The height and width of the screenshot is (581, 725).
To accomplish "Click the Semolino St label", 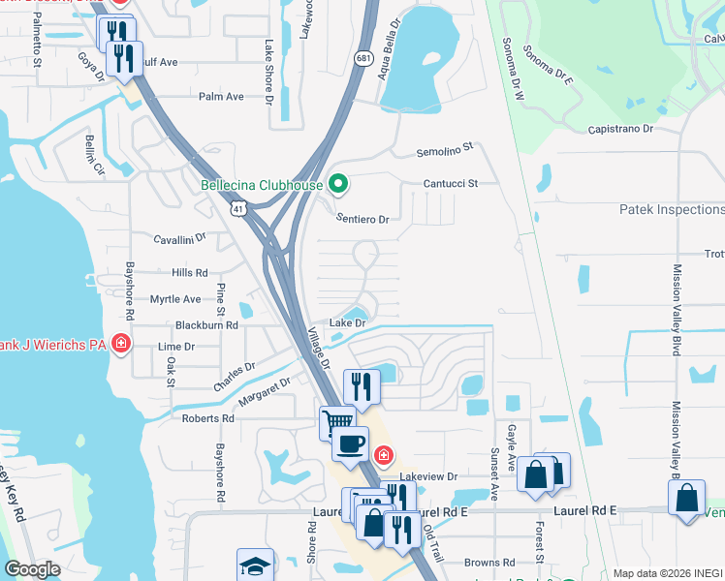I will (444, 148).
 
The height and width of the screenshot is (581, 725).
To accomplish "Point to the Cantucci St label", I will (450, 183).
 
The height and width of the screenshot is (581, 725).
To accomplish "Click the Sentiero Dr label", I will (362, 220).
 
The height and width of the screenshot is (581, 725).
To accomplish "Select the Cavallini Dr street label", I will (180, 237).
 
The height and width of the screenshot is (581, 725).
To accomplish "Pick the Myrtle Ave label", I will (175, 299).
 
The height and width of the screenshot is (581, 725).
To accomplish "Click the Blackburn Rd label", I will (206, 325).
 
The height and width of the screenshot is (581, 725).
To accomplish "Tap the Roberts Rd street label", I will (208, 418).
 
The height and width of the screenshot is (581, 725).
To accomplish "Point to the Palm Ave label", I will (221, 97).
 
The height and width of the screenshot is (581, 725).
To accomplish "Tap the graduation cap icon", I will (255, 565).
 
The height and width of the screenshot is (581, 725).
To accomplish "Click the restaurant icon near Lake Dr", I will (361, 385).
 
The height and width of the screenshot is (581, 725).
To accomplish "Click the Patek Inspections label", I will (671, 209).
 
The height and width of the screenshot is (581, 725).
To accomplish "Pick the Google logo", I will (32, 569).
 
